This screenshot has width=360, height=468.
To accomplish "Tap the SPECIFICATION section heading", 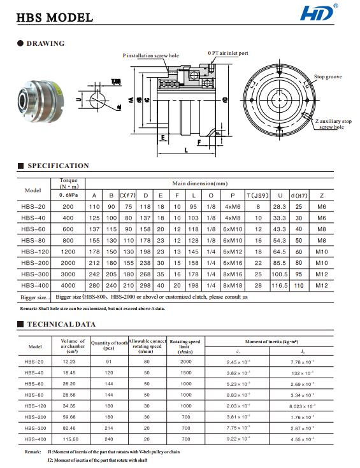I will coord(58,166).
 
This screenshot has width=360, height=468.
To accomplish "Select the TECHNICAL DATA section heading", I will coord(61,324).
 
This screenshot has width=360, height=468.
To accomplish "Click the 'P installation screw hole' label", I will coord(150,56).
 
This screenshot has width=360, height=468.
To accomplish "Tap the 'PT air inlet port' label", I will coord(228,53).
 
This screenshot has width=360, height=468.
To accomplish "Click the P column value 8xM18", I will coord(233,285).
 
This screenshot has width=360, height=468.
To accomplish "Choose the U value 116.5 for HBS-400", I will coord(278,285).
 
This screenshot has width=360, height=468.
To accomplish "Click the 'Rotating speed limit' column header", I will coord(185,346).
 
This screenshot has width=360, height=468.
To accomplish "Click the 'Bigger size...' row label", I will coord(34,297).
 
